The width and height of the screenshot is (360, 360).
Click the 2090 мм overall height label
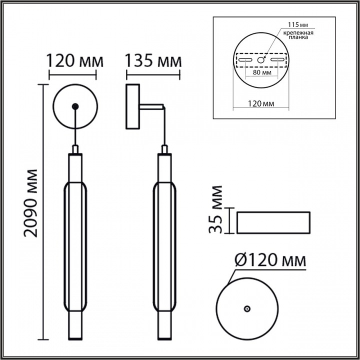[x=30, y=203]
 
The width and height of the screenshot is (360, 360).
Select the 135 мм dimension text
[x=153, y=61]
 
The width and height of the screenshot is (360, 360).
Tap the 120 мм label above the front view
[x=75, y=61]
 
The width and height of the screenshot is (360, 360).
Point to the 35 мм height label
[x=216, y=210]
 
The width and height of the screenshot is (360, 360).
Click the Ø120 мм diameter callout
[x=270, y=260]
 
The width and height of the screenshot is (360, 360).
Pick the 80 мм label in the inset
[x=262, y=72]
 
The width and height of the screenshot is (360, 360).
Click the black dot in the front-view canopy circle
[x=75, y=105]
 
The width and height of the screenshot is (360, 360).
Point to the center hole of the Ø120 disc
[x=246, y=309]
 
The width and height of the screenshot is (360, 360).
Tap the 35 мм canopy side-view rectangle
[x=273, y=222]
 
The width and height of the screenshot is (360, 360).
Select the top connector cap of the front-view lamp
[x=75, y=149]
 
